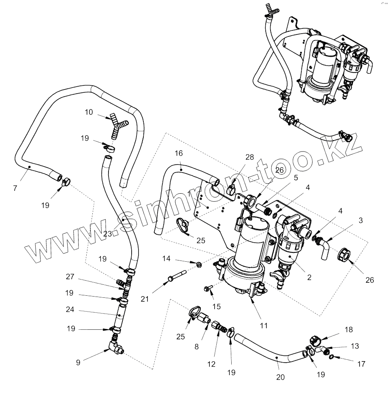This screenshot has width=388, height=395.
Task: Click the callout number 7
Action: [15, 188]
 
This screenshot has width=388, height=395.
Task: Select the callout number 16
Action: [179, 153]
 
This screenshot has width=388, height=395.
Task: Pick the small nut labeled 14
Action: [199, 265]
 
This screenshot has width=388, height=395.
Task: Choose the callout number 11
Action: [264, 325]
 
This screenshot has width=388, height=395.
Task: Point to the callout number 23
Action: [107, 233]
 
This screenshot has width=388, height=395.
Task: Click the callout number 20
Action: [280, 377]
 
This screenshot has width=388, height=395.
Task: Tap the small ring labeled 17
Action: [331, 357]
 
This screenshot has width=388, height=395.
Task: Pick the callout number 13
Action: [355, 346]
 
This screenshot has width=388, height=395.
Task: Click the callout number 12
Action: [211, 364]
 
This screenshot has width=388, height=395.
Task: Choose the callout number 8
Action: [197, 346]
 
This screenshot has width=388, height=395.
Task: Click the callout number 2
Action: [309, 278]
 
